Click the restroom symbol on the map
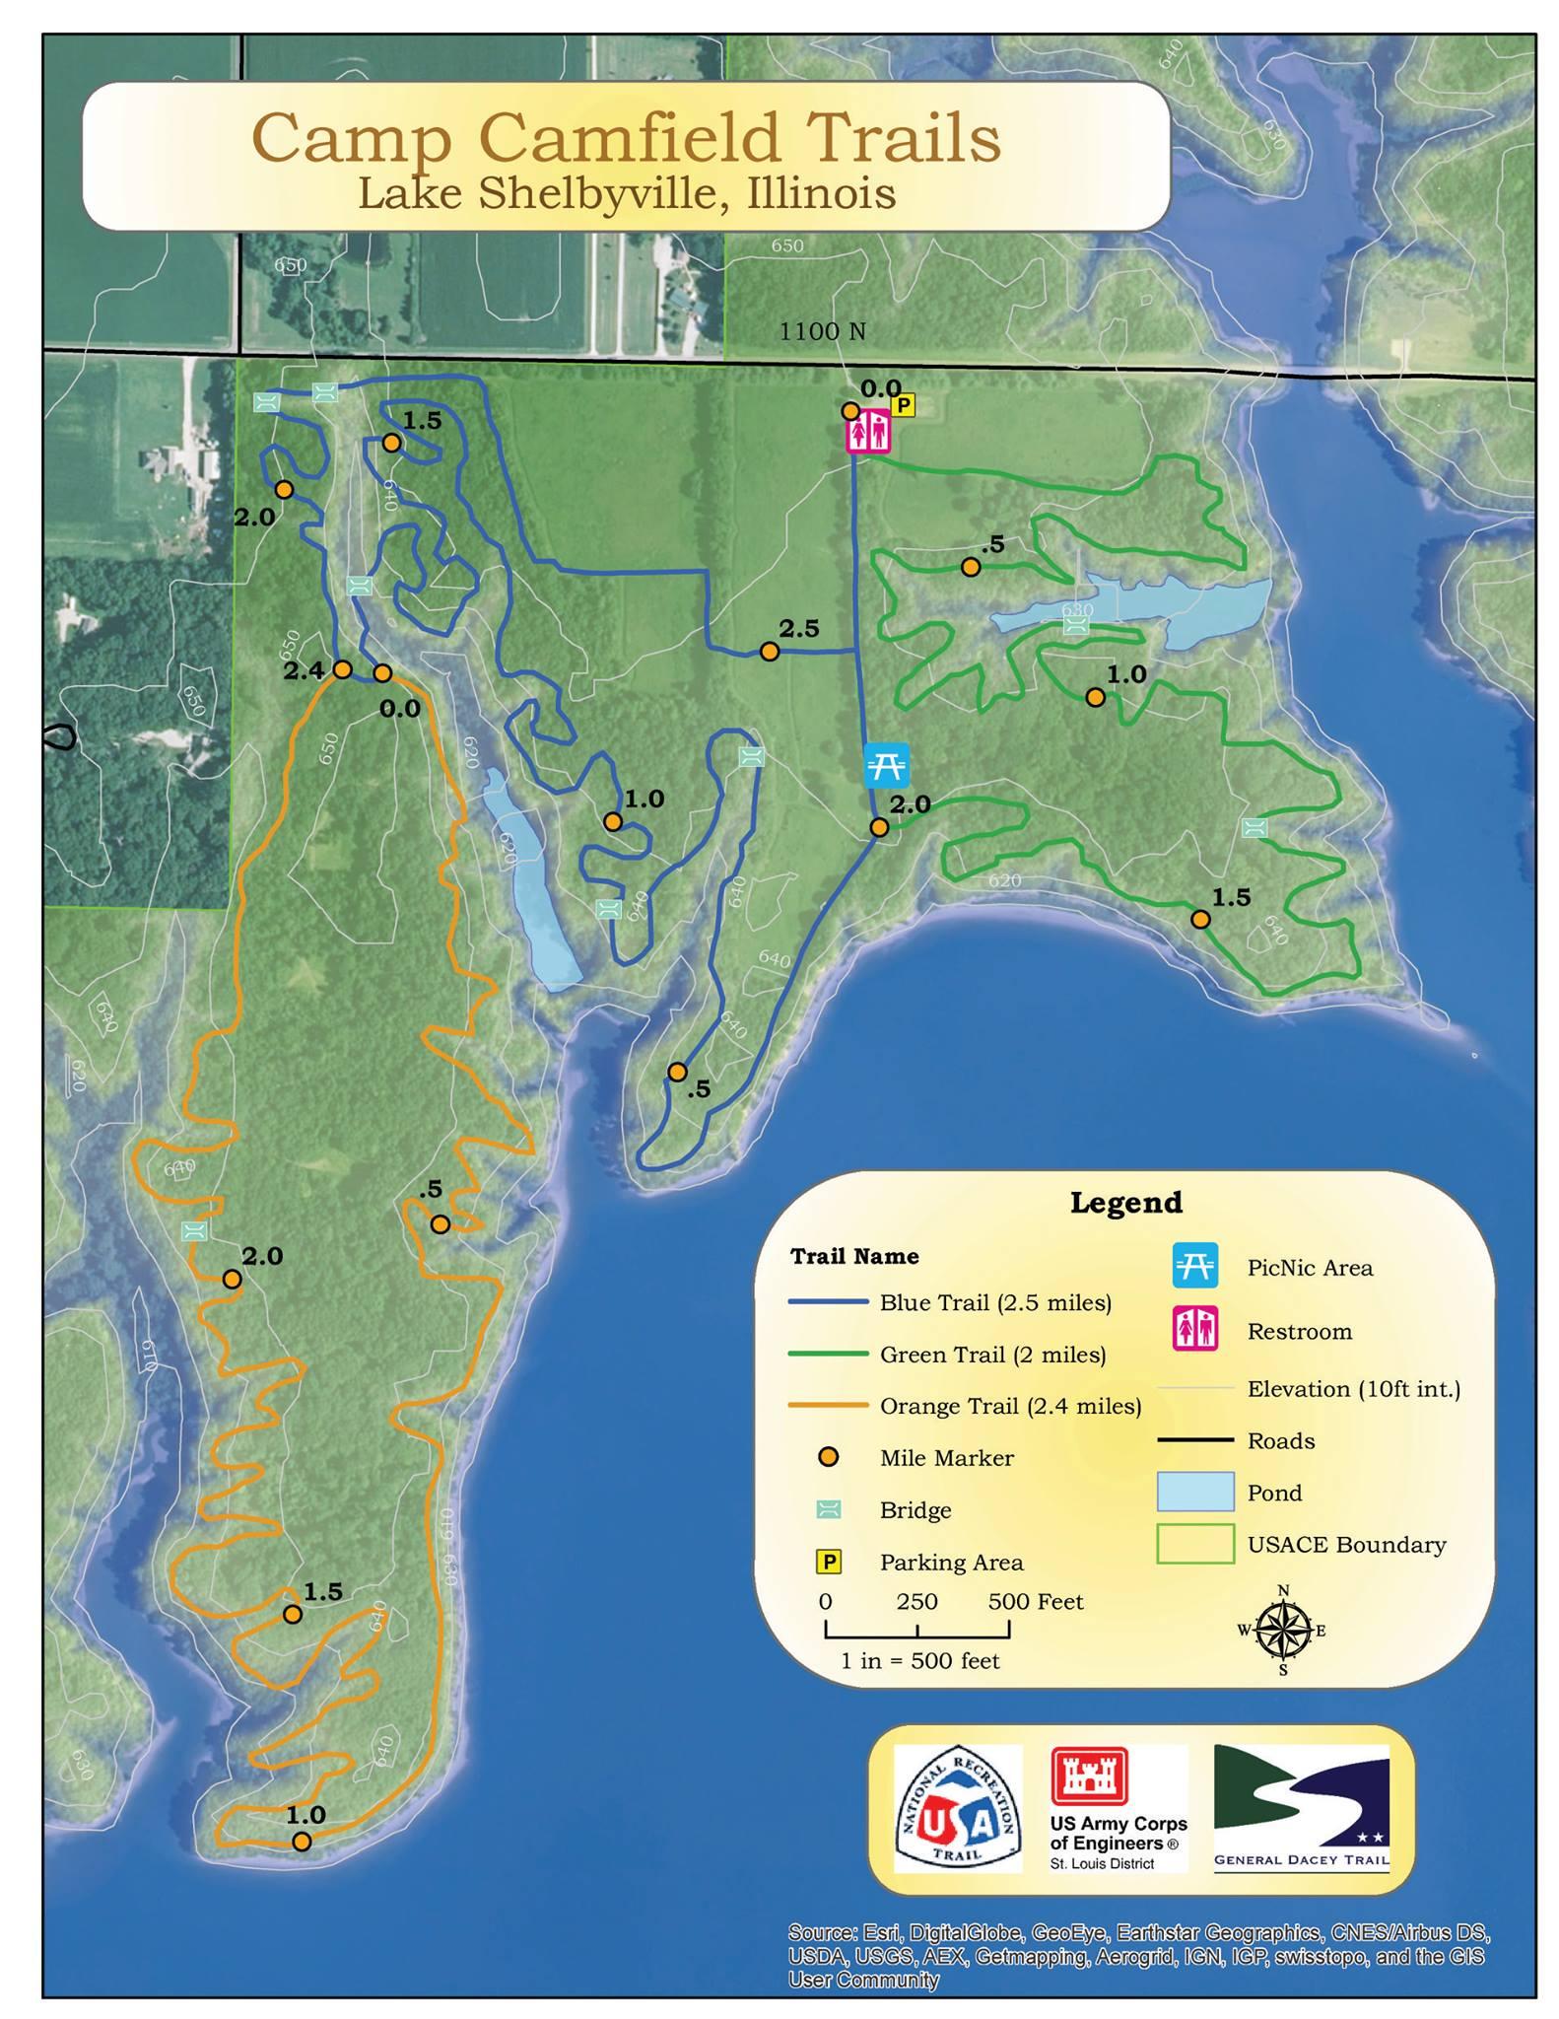[868, 432]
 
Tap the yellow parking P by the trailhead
[903, 404]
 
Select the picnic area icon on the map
[886, 765]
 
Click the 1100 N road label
[822, 332]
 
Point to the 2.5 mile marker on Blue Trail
[770, 652]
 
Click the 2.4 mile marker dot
[342, 669]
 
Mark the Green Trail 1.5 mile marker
[1200, 919]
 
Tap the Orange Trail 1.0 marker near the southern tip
[303, 1841]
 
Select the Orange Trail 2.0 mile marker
[232, 1279]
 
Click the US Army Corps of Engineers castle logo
[1089, 1776]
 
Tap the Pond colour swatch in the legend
[1194, 1492]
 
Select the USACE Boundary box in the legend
[1194, 1544]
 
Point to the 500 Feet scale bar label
[1035, 1601]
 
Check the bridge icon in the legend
[829, 1509]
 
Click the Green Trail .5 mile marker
[971, 567]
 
